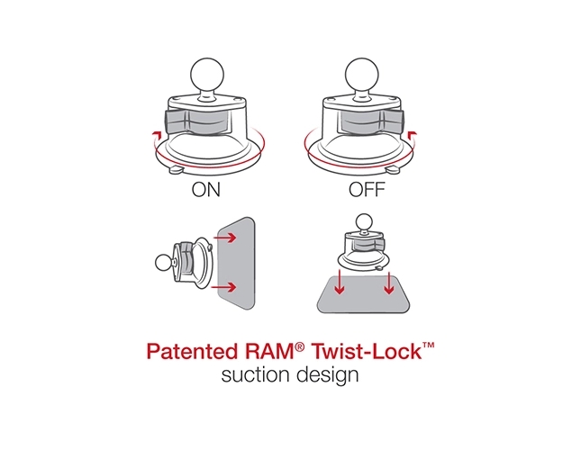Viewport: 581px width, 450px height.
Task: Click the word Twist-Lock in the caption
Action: tap(372, 351)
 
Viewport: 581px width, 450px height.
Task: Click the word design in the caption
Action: tap(327, 374)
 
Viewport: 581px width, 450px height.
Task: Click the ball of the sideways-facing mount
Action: tap(163, 263)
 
